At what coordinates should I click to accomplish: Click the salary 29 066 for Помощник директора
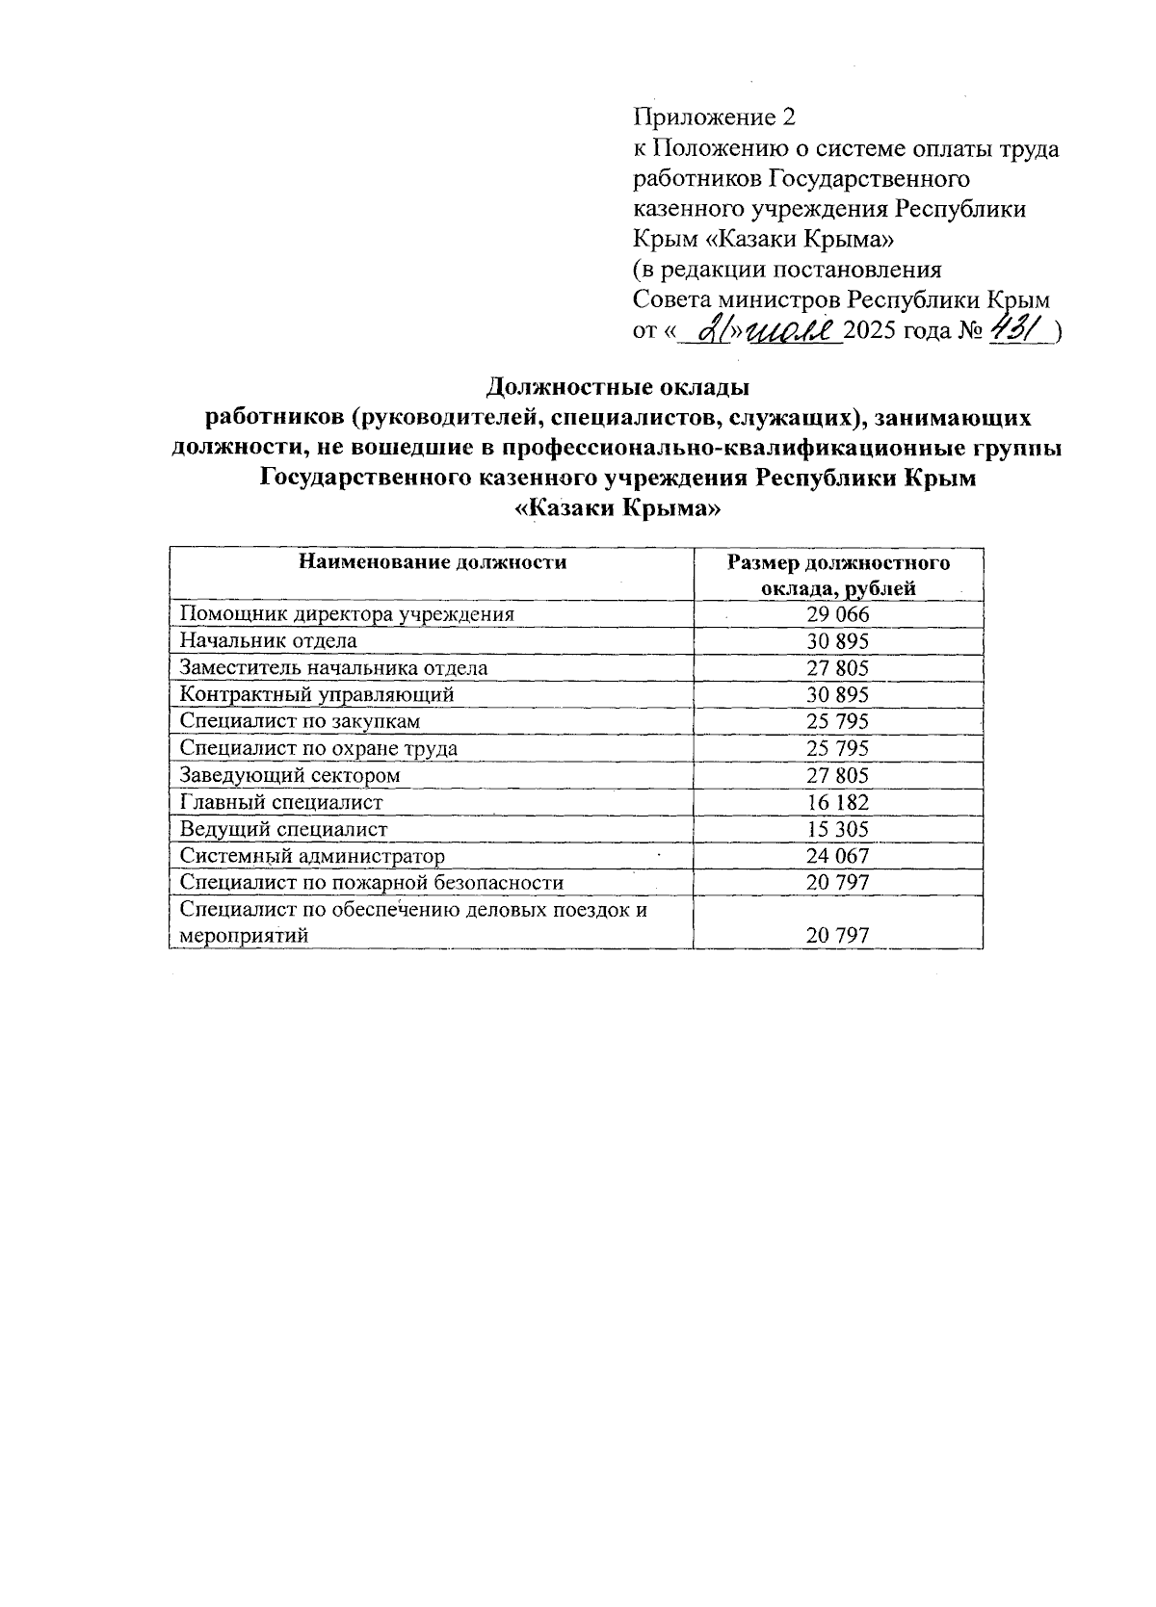click(838, 614)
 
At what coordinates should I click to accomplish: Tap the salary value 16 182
click(838, 802)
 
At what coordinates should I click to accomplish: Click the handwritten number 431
click(1017, 331)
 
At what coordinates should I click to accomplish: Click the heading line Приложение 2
click(715, 117)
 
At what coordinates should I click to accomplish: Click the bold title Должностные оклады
click(617, 388)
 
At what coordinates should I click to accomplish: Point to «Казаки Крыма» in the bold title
click(617, 508)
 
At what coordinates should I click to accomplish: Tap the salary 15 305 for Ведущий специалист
click(838, 829)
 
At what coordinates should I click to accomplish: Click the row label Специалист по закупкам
click(301, 721)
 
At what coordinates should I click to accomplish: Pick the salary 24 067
click(838, 856)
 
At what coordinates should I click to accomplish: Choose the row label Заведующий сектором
click(290, 775)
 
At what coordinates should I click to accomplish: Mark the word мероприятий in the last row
click(245, 935)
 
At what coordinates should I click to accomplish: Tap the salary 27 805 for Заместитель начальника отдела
click(838, 668)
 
